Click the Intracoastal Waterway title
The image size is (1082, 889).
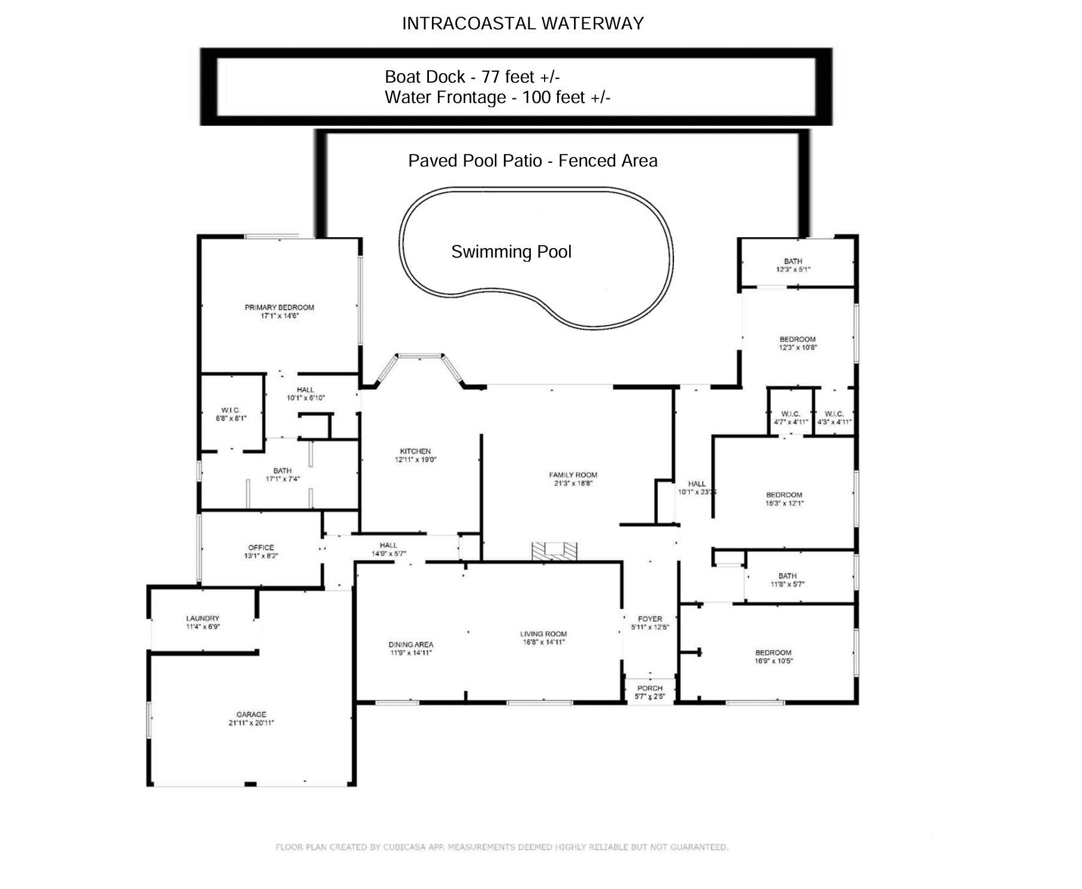tap(522, 23)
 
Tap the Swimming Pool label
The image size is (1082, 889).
tap(511, 252)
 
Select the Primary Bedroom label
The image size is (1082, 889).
tap(279, 308)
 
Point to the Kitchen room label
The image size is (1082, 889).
tap(415, 452)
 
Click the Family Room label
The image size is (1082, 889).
tap(573, 475)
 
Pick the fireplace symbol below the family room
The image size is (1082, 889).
tap(554, 551)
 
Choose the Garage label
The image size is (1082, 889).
tap(251, 715)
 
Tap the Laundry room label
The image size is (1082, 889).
tap(203, 619)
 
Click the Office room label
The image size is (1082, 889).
tap(261, 548)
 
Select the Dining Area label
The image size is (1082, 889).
tap(410, 645)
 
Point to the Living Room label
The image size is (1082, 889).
tap(543, 634)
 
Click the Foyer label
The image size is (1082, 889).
tap(650, 619)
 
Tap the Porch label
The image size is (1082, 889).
tap(650, 688)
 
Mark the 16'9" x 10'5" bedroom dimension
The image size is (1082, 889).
tap(773, 661)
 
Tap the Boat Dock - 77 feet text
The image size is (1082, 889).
tap(472, 77)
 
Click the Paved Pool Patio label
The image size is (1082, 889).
tap(533, 161)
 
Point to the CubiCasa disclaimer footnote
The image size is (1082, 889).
tap(501, 847)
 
